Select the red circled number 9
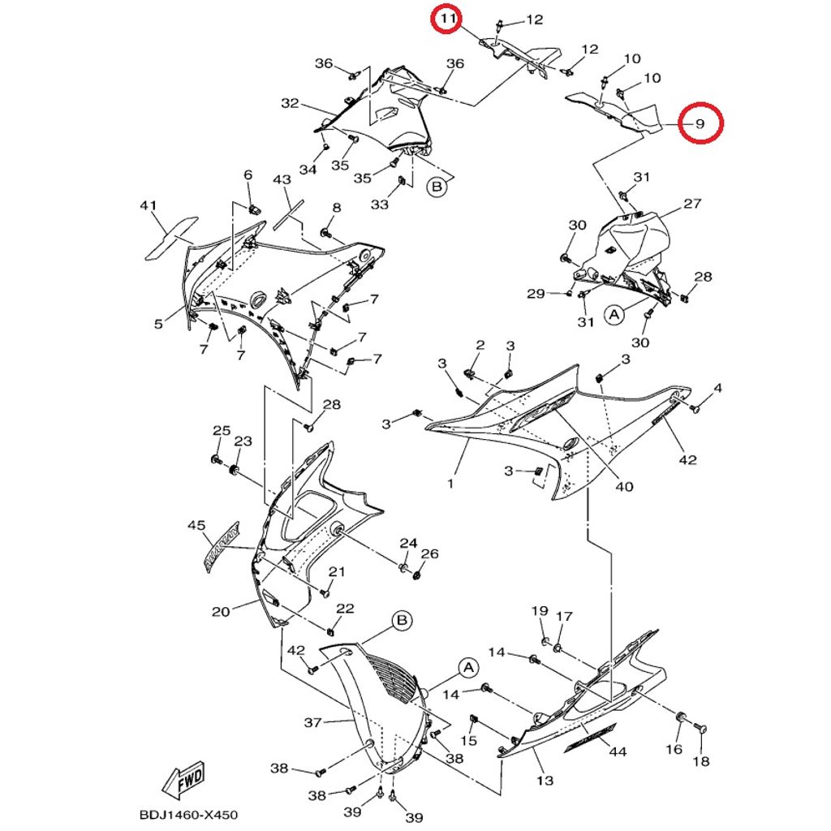(700, 123)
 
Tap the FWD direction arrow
(183, 782)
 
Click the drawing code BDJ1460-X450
(183, 815)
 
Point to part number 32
(290, 103)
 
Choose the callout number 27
(691, 204)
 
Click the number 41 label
(148, 206)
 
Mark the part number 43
(282, 179)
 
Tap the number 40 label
(623, 487)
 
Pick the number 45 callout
(196, 526)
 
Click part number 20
(221, 611)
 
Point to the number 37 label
(313, 721)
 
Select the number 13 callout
(545, 781)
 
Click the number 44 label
(618, 752)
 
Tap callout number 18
(701, 761)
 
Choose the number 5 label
(158, 325)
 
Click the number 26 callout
(429, 553)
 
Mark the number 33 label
(379, 205)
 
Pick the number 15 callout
(468, 741)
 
